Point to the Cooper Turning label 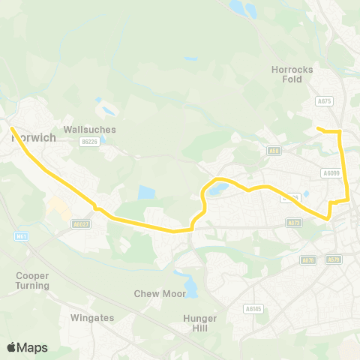(x=32, y=280)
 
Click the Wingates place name (x=91, y=317)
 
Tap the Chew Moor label (x=159, y=293)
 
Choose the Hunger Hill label (x=200, y=322)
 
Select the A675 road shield (x=324, y=100)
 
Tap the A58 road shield (x=274, y=151)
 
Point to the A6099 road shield (x=331, y=172)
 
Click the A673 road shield (x=293, y=223)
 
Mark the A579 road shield (x=334, y=259)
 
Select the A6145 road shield (x=253, y=307)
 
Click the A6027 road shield (x=81, y=223)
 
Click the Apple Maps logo (x=27, y=347)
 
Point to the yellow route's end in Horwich (x=12, y=129)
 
